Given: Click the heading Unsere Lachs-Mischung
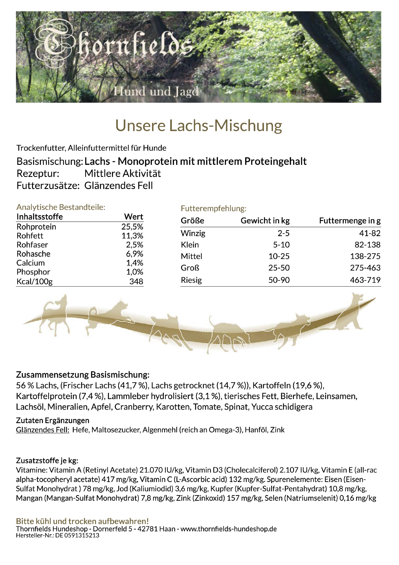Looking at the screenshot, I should pyautogui.click(x=199, y=125).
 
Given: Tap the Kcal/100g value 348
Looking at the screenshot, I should pyautogui.click(x=136, y=281).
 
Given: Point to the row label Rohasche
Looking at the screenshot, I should pyautogui.click(x=33, y=254).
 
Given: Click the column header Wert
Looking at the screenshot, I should pyautogui.click(x=133, y=217).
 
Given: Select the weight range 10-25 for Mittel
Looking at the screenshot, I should pyautogui.click(x=279, y=256).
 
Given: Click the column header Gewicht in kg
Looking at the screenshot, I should pyautogui.click(x=265, y=220).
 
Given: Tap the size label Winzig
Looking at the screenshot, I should pyautogui.click(x=193, y=233).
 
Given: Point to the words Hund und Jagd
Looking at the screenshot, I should pyautogui.click(x=156, y=92).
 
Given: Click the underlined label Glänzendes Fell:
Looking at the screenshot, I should pyautogui.click(x=43, y=430).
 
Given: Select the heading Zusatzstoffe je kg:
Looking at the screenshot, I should pyautogui.click(x=47, y=461).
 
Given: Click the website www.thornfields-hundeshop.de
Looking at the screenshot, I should pyautogui.click(x=228, y=529).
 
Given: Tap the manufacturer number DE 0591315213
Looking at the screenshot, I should pyautogui.click(x=77, y=535).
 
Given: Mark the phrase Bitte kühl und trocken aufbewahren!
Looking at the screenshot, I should pyautogui.click(x=82, y=521).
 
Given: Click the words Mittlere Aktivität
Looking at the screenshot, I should pyautogui.click(x=123, y=173).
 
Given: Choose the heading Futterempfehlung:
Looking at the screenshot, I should pyautogui.click(x=213, y=208).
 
